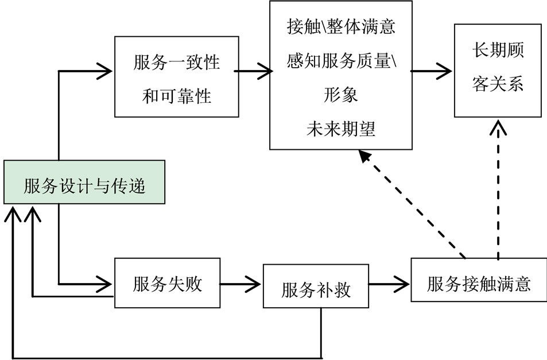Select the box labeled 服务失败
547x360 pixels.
pyautogui.click(x=168, y=284)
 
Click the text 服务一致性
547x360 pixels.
pyautogui.click(x=177, y=63)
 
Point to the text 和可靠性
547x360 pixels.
pyautogui.click(x=177, y=96)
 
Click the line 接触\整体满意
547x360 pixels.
pyautogui.click(x=341, y=28)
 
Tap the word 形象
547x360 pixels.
pyautogui.click(x=341, y=95)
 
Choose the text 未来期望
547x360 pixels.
pyautogui.click(x=341, y=129)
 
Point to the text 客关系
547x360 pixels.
pyautogui.click(x=498, y=84)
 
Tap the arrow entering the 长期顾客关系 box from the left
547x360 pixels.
pyautogui.click(x=433, y=71)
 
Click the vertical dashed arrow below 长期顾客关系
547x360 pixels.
pyautogui.click(x=498, y=189)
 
